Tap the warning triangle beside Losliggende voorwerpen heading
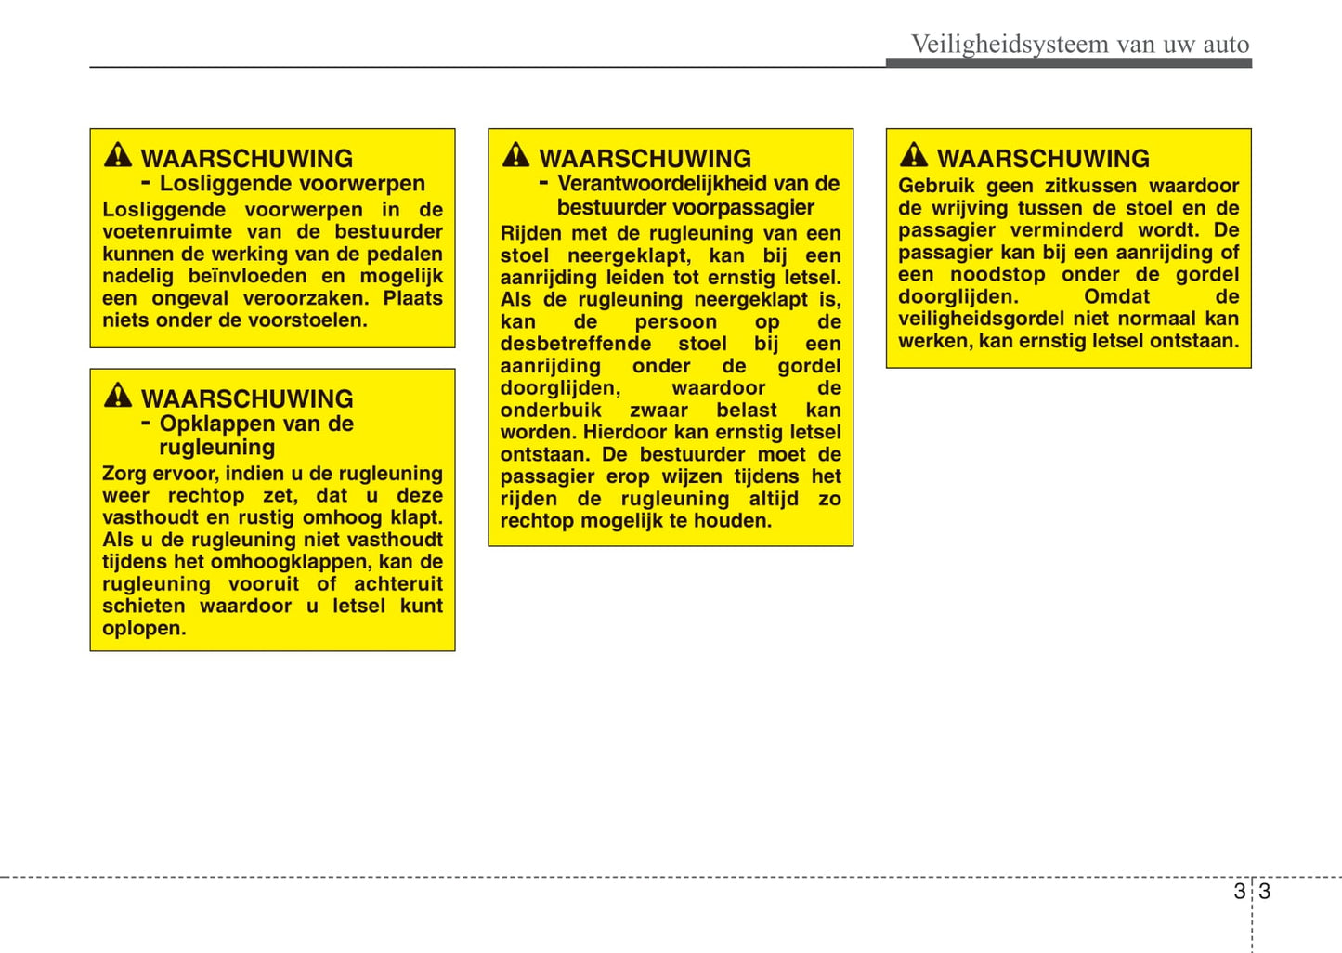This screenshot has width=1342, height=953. (118, 155)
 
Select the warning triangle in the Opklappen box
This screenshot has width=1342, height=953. (118, 396)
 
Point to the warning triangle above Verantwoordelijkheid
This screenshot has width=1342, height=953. (515, 155)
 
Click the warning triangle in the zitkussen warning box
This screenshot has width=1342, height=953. (914, 155)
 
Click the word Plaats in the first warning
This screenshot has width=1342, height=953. (412, 298)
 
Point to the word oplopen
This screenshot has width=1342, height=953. (144, 628)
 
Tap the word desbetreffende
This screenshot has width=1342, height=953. (576, 344)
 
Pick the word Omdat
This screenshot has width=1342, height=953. (1116, 296)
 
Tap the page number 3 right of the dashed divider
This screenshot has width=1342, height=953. (1264, 892)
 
